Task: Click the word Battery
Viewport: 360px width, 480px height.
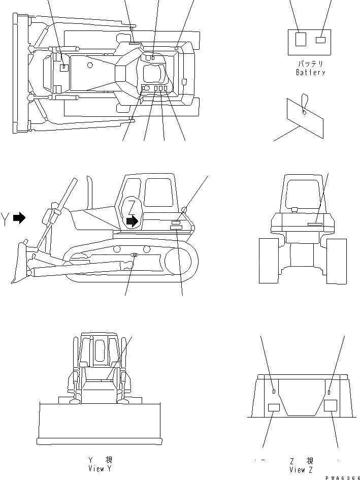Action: (310, 73)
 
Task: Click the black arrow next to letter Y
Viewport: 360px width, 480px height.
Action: (19, 218)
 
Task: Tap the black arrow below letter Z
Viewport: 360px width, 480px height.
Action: (132, 221)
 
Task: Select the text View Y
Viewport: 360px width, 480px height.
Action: (100, 469)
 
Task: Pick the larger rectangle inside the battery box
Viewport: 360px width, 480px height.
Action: (301, 39)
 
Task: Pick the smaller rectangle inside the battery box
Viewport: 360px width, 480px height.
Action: (320, 40)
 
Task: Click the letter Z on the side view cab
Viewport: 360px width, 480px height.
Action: (132, 207)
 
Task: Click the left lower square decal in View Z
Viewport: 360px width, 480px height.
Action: (274, 407)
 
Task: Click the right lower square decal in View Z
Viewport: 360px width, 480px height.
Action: (331, 405)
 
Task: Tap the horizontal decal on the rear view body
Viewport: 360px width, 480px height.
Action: (314, 223)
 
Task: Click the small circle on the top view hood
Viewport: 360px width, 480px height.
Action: (89, 65)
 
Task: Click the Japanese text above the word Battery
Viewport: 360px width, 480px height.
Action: (310, 65)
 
